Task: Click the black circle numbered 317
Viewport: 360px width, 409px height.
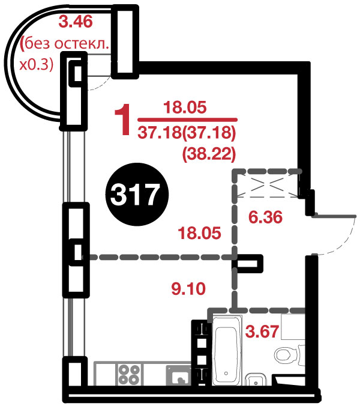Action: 137,195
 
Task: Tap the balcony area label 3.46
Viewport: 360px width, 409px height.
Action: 76,22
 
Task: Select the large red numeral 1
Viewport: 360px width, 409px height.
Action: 122,120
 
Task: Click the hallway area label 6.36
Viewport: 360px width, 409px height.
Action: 265,217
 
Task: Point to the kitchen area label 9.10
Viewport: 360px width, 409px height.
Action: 188,289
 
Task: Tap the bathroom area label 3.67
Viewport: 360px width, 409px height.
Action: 262,332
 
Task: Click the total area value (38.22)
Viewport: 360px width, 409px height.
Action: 209,155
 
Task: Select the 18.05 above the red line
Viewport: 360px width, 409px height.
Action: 185,108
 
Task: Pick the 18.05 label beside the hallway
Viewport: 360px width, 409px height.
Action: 199,233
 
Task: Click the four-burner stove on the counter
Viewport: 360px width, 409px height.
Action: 129,374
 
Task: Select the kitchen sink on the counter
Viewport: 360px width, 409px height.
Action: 179,375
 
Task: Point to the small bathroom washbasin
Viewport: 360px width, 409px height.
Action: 256,380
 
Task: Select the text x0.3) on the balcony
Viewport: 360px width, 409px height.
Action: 37,64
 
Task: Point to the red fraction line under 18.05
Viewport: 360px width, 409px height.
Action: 187,120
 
